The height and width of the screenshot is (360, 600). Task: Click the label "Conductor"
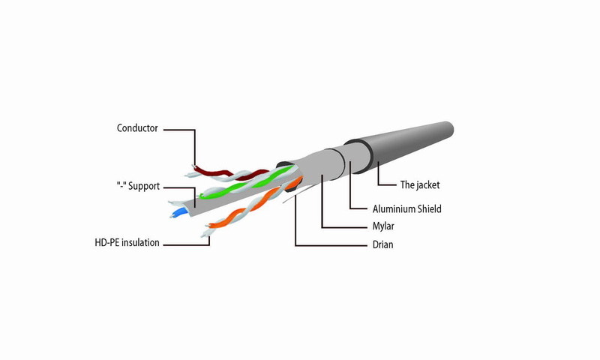point(137,128)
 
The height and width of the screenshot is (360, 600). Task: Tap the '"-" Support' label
point(138,186)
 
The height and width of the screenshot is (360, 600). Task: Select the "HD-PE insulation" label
point(127,242)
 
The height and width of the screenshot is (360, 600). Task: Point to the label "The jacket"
point(420,185)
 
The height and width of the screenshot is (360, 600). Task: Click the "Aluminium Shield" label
point(406,209)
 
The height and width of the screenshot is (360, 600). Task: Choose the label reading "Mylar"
point(383,226)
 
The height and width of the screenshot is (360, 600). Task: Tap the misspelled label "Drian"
point(382,244)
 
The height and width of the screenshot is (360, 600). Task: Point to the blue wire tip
point(177,214)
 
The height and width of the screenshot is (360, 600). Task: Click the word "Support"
point(144,186)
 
